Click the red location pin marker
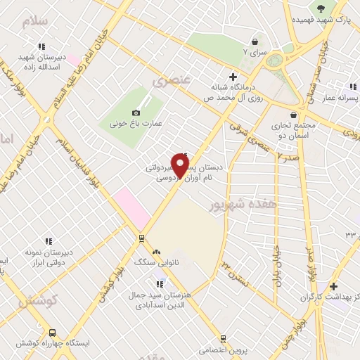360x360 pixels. pos(180,167)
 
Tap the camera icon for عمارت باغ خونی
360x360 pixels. pos(136,112)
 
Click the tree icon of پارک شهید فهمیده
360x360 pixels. pos(322,8)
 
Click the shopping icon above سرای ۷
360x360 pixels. pos(254,42)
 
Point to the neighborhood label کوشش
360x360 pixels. pos(31,302)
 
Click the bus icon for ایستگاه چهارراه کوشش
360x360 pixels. pos(52,333)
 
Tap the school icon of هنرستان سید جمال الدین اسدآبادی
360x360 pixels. pos(161,285)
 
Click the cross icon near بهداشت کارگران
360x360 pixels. pos(333,286)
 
